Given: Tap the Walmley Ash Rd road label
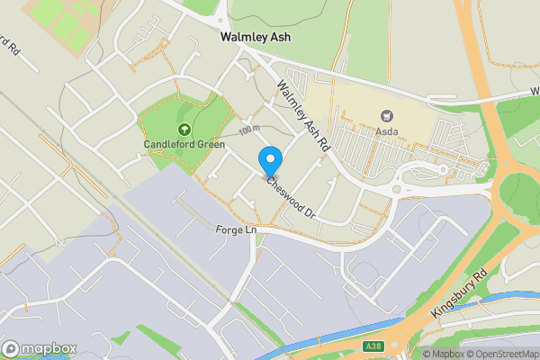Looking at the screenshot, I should [304, 114].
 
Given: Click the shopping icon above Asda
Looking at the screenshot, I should [388, 115].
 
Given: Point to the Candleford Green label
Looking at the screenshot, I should [184, 143].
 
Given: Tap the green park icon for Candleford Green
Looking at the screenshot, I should [184, 129].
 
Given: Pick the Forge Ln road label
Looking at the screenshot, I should [237, 230].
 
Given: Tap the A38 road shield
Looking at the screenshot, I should [373, 346].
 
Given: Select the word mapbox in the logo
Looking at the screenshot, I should [49, 349].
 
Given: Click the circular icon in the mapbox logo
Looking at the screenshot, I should [12, 349].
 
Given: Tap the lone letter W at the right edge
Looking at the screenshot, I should [534, 94].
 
